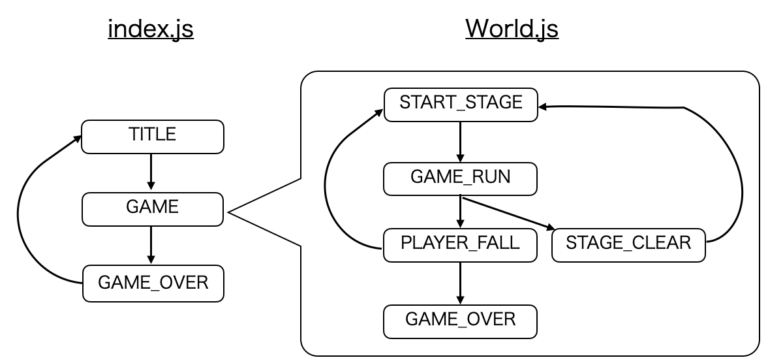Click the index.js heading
[x=150, y=29]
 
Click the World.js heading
[x=511, y=29]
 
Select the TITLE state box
[x=151, y=136]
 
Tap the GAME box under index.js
[x=151, y=209]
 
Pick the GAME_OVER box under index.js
[x=151, y=283]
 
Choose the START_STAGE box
[x=460, y=102]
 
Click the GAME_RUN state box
[x=460, y=178]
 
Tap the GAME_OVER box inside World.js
[x=460, y=320]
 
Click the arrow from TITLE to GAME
[x=151, y=172]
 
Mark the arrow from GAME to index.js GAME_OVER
[x=151, y=246]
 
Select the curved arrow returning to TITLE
[x=35, y=210]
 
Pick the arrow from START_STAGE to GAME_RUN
[x=460, y=140]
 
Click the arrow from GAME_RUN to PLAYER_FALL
[x=460, y=212]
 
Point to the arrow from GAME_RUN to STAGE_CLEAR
[x=510, y=213]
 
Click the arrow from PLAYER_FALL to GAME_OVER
[x=460, y=283]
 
